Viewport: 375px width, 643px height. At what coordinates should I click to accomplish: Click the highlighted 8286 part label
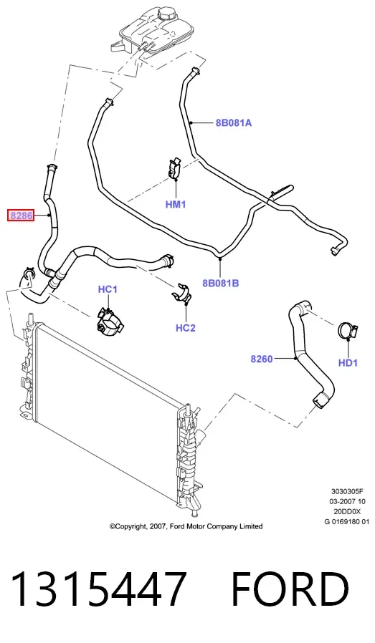tap(21, 216)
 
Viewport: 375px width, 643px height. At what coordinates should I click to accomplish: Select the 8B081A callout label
tap(233, 122)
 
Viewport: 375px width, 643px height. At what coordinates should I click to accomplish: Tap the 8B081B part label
tap(221, 283)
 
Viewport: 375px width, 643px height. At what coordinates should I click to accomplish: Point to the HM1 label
tap(176, 204)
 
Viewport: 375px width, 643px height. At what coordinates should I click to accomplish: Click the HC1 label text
tap(108, 289)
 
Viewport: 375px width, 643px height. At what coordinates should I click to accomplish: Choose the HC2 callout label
tap(186, 328)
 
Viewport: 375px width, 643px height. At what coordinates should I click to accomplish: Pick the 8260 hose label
tap(262, 359)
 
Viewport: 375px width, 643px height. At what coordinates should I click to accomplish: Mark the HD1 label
tap(348, 362)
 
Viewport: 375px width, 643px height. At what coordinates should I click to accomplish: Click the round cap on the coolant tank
tap(166, 16)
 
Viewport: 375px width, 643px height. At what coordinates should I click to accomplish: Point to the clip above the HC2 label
tap(182, 293)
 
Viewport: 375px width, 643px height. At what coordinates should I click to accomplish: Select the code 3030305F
tap(348, 491)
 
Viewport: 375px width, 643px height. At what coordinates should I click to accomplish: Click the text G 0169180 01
tap(348, 521)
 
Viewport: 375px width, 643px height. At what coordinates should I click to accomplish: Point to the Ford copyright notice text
tap(186, 526)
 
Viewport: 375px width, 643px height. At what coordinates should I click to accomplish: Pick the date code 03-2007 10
tap(348, 501)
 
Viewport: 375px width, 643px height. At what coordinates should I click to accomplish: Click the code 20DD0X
tap(348, 511)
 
